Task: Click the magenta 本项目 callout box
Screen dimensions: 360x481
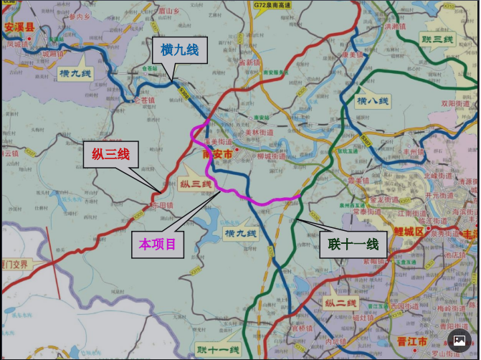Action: (157, 245)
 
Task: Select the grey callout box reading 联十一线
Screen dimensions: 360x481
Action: (353, 244)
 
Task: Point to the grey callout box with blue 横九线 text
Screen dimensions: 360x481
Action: (179, 49)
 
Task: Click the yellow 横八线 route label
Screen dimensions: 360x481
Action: (373, 101)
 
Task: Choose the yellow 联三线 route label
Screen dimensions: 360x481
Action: (437, 39)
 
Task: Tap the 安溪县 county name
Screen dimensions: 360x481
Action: (19, 28)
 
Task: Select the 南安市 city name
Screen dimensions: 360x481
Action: (218, 154)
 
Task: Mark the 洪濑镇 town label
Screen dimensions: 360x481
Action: (395, 27)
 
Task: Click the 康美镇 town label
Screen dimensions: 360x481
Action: (353, 55)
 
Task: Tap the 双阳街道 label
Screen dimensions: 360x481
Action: (454, 103)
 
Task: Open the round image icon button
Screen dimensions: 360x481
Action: (459, 340)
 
